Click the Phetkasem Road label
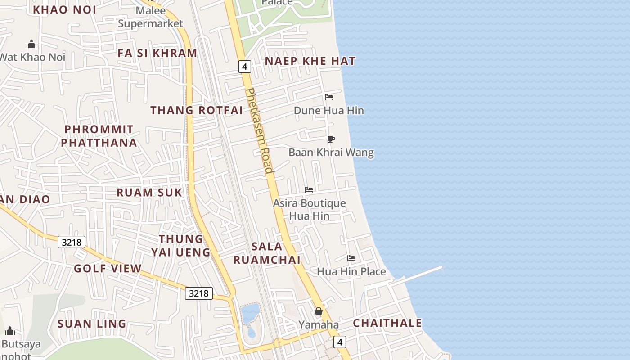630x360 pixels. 259,130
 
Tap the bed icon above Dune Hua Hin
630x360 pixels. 329,97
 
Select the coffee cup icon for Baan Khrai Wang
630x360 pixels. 331,139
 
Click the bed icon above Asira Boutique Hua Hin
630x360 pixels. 309,190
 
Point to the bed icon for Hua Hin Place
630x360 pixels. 351,258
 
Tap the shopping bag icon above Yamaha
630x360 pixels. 319,311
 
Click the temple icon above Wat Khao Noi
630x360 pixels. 31,44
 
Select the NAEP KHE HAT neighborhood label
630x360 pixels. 310,61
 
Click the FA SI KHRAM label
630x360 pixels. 157,53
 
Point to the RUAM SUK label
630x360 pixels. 149,193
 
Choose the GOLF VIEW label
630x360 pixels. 108,269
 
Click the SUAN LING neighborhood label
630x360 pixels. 92,324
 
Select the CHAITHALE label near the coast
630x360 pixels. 387,323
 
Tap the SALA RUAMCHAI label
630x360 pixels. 267,253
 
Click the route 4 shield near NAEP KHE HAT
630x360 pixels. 244,67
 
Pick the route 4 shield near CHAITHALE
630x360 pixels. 340,342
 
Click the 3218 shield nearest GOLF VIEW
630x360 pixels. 72,243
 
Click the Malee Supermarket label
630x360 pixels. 150,17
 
